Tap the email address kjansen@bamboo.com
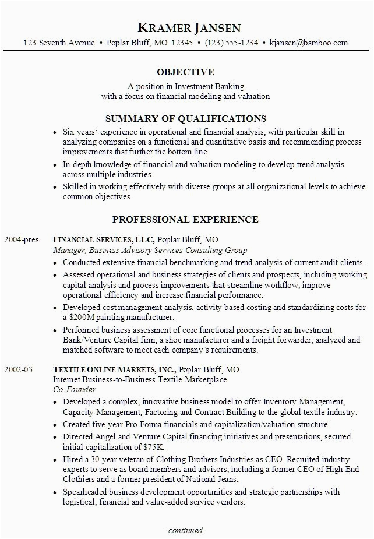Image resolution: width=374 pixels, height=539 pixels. (x=308, y=43)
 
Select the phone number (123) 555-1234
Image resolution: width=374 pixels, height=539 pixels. (x=231, y=43)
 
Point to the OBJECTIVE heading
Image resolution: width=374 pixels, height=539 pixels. (x=186, y=72)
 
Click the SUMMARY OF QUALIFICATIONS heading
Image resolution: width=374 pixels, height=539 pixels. (x=186, y=118)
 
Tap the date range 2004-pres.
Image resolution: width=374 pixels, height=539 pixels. (x=20, y=239)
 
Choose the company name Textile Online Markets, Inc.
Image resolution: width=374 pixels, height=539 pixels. (x=113, y=369)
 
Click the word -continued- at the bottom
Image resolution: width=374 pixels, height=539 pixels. (x=186, y=530)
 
